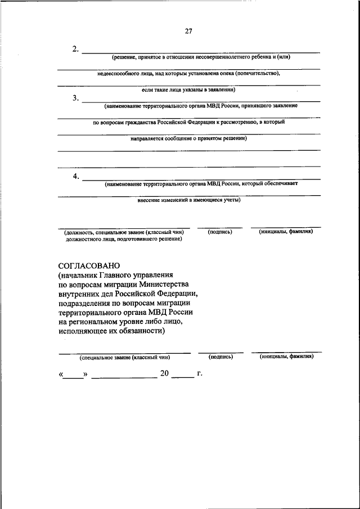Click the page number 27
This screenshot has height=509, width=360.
(x=188, y=31)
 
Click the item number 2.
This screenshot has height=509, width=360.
(x=75, y=49)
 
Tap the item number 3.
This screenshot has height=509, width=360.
(x=75, y=98)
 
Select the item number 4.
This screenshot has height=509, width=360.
(x=75, y=177)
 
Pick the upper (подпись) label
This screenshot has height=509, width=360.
(x=220, y=231)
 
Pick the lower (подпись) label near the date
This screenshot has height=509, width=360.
(x=220, y=357)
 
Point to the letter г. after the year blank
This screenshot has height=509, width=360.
(x=199, y=373)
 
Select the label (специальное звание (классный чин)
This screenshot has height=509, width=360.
(x=125, y=357)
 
